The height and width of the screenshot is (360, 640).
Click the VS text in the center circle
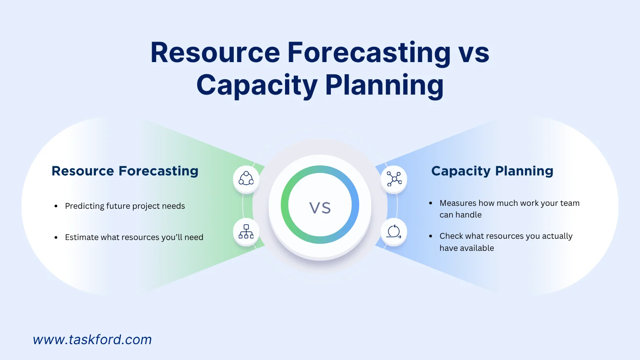320,207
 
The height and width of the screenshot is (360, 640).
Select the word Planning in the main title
384,85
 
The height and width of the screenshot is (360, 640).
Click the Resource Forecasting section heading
125,171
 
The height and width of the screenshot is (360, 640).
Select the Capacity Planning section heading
492,171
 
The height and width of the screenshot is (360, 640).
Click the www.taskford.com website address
92,340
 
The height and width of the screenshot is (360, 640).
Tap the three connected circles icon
246,179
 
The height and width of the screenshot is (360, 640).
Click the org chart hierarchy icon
246,232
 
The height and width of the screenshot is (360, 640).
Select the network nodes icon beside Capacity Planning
394,179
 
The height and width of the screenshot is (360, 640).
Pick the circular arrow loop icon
394,232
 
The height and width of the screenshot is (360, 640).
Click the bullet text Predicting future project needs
125,206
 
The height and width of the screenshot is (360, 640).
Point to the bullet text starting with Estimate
134,237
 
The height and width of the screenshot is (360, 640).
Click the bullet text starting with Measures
509,209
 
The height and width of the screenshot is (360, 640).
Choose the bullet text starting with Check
506,242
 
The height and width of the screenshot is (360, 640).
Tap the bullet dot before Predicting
56,206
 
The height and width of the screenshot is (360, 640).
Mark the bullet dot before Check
430,236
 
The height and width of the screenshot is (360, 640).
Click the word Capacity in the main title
257,85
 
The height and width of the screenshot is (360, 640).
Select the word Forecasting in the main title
369,53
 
